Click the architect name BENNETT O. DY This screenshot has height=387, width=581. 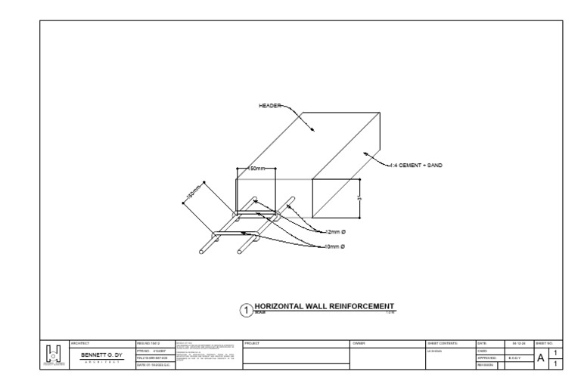102,354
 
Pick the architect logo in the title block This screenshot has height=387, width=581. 54,353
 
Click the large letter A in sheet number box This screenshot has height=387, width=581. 542,358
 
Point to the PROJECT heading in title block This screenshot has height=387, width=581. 252,343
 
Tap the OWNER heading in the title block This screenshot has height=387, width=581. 359,343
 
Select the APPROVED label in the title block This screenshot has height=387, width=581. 486,358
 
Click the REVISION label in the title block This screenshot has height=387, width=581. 485,365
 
